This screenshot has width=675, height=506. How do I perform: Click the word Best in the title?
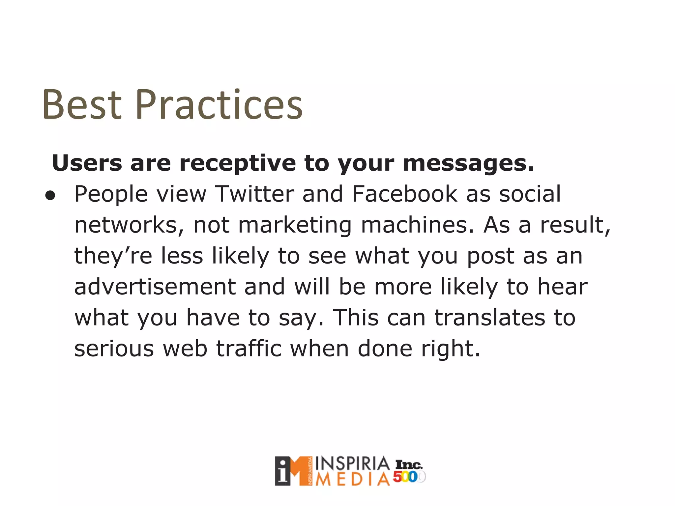(81, 105)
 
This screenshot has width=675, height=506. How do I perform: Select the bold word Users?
(87, 163)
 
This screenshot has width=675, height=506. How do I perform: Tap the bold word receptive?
(237, 164)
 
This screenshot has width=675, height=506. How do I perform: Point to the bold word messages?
(468, 164)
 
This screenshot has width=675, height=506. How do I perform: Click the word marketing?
(295, 226)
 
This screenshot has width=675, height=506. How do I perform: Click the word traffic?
(249, 349)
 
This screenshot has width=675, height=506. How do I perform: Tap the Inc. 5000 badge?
(409, 471)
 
